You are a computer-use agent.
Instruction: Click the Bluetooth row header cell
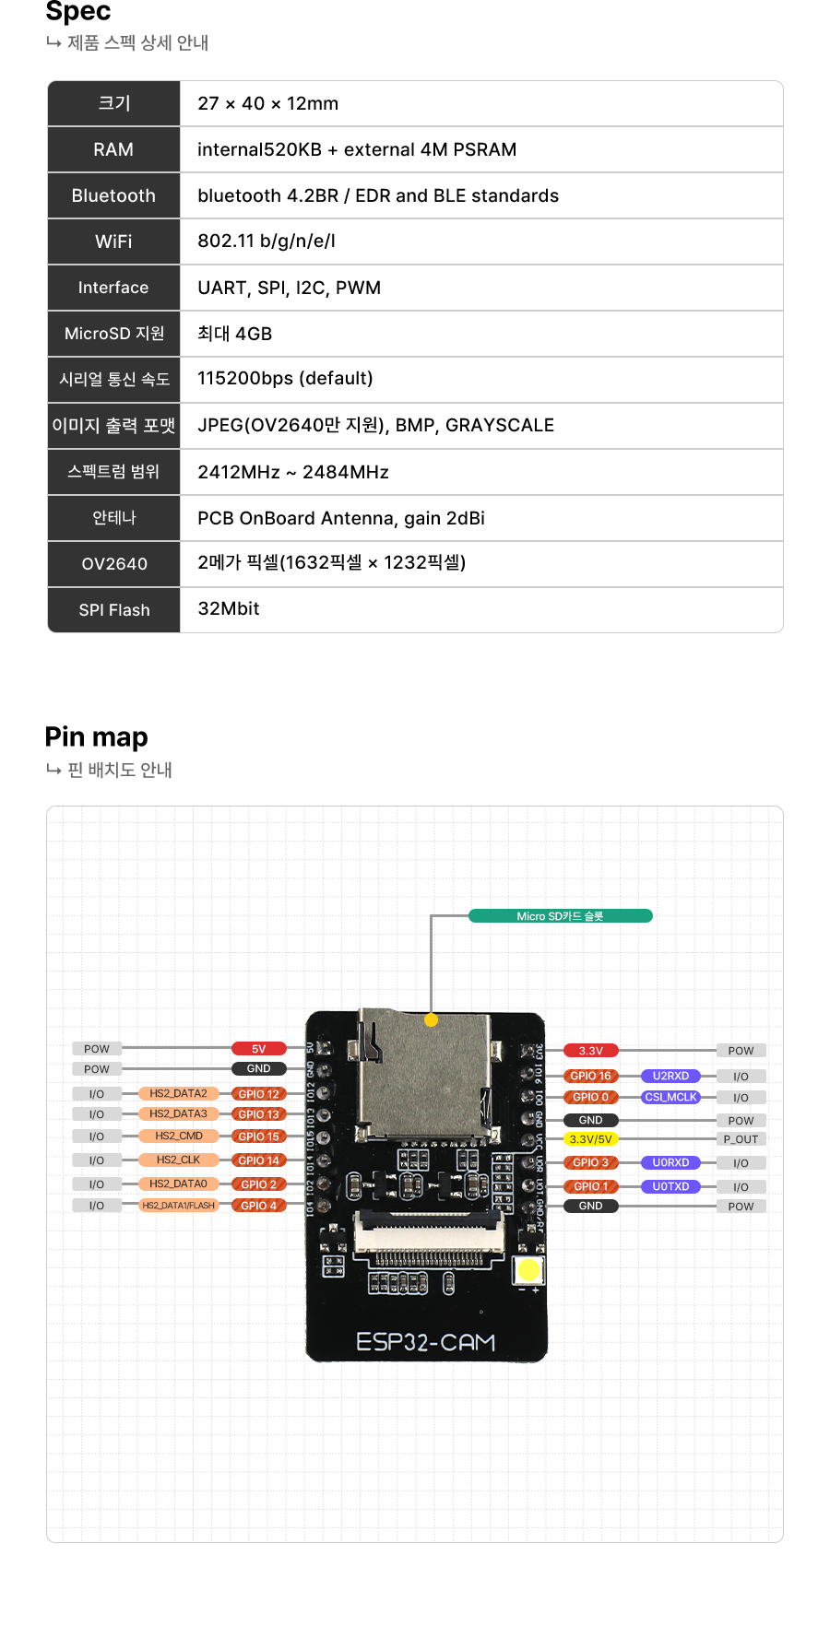(x=113, y=195)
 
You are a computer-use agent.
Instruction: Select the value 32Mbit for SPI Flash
(x=229, y=608)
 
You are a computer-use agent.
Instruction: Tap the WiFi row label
(x=113, y=241)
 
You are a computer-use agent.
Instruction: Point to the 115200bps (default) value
(x=285, y=379)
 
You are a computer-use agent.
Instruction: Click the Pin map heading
(x=97, y=736)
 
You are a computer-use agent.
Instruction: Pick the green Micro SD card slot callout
(x=560, y=916)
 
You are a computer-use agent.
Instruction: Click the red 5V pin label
(x=258, y=1049)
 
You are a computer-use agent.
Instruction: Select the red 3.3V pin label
(x=590, y=1051)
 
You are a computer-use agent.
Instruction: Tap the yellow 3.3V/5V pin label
(x=590, y=1139)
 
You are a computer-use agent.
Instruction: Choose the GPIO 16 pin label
(x=590, y=1076)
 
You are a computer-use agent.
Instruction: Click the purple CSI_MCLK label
(x=670, y=1097)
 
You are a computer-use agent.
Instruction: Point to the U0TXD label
(x=670, y=1186)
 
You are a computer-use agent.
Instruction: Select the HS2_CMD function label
(x=178, y=1136)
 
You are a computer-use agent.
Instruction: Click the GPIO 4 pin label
(x=258, y=1206)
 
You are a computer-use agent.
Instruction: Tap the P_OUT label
(x=741, y=1139)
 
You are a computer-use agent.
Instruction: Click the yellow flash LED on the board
(x=528, y=1270)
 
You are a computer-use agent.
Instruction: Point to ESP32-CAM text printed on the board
(x=426, y=1342)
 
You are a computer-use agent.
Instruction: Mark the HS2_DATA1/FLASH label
(x=178, y=1206)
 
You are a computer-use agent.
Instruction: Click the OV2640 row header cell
(x=113, y=564)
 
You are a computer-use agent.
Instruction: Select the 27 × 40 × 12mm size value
(x=267, y=103)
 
